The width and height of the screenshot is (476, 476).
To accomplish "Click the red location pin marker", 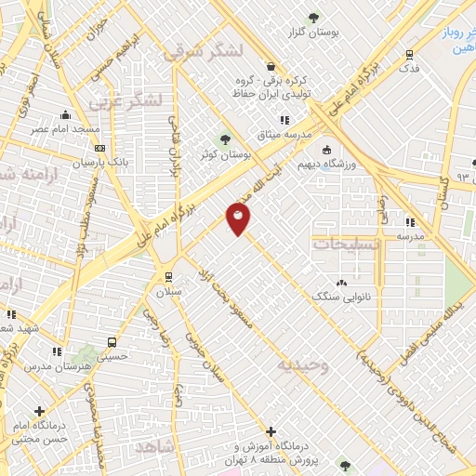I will click(x=238, y=219).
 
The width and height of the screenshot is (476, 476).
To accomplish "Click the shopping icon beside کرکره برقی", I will click(x=271, y=66).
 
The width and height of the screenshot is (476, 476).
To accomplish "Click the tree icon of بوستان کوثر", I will click(x=225, y=139).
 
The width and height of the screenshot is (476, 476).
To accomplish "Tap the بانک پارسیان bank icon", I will click(x=99, y=148).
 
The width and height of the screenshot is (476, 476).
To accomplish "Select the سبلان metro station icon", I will click(x=167, y=276).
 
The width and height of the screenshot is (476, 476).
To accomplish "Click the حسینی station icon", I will click(x=112, y=341).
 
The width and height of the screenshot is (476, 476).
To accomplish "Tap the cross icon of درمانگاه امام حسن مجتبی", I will click(x=38, y=411).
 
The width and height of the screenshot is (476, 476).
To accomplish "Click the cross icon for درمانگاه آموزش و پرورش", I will click(x=270, y=432).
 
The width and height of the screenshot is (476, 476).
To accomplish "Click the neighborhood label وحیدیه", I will click(x=302, y=365).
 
